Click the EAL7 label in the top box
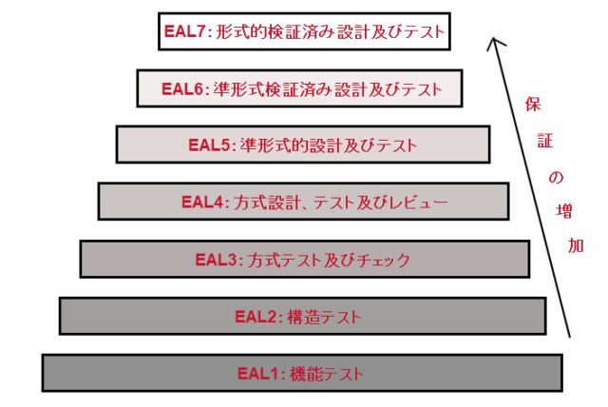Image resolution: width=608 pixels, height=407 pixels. tap(184, 31)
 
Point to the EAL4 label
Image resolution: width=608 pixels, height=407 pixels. tap(202, 202)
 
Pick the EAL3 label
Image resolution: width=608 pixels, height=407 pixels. tap(217, 259)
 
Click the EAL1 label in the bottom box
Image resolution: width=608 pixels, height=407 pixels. tap(256, 373)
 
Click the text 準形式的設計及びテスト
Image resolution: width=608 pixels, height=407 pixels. tap(330, 145)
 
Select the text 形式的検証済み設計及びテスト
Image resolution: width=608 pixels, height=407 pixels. tap(328, 31)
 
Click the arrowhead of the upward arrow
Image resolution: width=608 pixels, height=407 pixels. tap(492, 43)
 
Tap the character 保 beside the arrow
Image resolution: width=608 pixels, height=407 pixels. tap(532, 107)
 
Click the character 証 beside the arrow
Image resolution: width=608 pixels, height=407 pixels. tap(541, 142)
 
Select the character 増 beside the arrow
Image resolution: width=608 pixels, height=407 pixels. tap(565, 212)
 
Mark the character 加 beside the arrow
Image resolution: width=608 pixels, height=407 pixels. tap(577, 245)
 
